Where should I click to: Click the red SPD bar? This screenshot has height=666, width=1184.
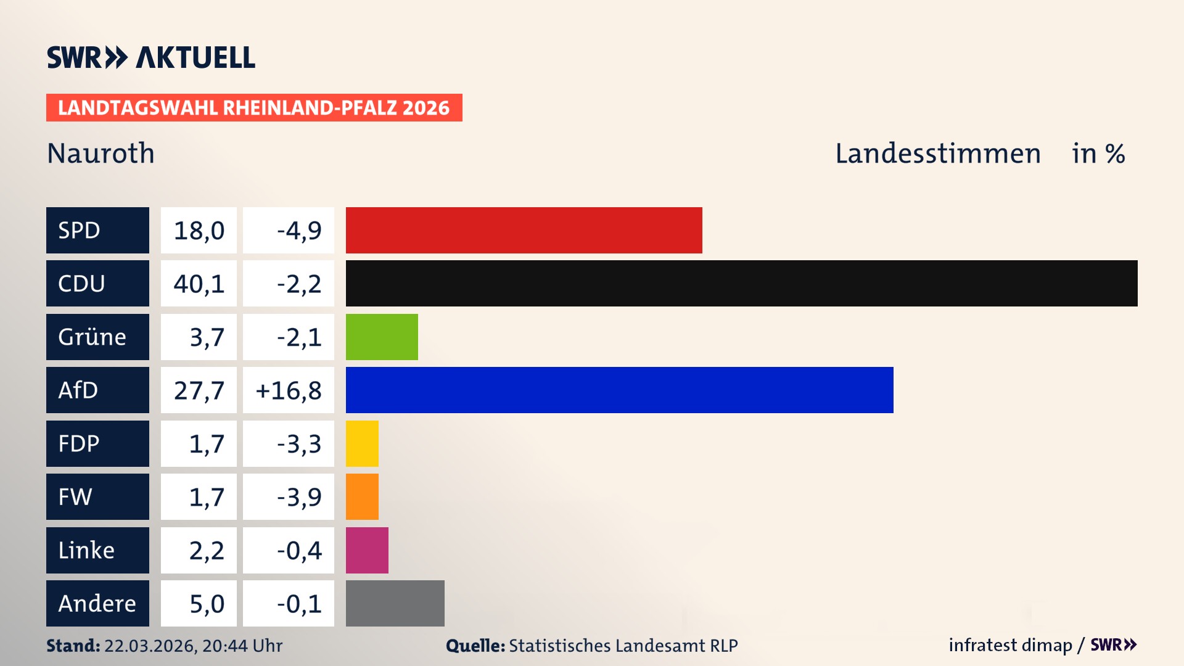tap(524, 230)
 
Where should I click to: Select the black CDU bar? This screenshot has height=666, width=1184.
tap(741, 283)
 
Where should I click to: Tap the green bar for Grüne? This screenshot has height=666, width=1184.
tap(382, 337)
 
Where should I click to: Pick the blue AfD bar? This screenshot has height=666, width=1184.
tap(619, 390)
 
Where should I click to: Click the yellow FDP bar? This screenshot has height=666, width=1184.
tap(362, 443)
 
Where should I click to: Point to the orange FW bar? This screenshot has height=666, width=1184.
tap(362, 496)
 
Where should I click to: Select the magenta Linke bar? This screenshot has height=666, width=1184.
tap(367, 550)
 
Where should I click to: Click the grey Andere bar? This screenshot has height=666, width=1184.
tap(395, 603)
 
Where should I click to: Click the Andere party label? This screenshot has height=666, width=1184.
tap(97, 603)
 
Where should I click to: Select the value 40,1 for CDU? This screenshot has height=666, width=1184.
tap(199, 284)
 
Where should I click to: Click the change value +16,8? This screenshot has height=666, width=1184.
tap(288, 390)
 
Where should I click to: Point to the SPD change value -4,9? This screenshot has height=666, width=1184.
tap(298, 231)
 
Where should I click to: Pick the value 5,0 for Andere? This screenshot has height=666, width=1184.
tap(206, 604)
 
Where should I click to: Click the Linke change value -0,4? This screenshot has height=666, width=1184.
tap(298, 550)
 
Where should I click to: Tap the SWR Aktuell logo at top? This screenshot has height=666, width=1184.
tap(150, 57)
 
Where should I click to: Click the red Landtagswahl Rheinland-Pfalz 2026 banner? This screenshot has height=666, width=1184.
tap(253, 107)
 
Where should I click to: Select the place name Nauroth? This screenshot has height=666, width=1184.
tap(101, 153)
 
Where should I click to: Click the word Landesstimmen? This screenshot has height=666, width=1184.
tap(937, 153)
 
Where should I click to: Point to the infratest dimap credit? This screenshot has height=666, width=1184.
tap(1009, 645)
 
